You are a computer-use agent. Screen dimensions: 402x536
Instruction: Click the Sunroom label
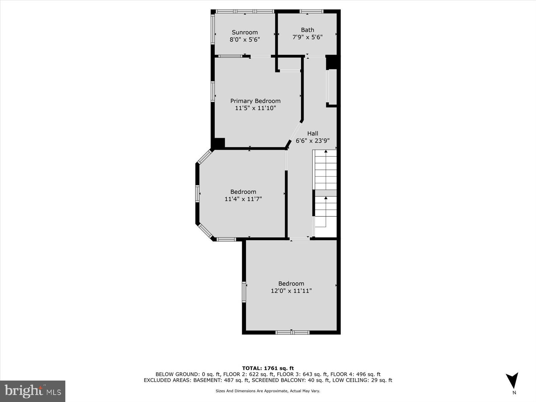click(x=245, y=32)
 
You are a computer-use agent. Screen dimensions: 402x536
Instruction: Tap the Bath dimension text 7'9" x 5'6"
click(x=307, y=37)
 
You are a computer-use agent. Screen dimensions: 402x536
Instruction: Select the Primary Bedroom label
click(x=255, y=101)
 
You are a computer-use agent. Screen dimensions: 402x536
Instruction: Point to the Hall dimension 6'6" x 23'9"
click(x=313, y=141)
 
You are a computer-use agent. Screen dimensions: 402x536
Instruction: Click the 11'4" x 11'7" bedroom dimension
click(x=243, y=199)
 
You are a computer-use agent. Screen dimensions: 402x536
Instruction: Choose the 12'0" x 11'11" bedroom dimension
click(x=291, y=291)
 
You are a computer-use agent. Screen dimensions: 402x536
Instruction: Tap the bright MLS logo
click(x=32, y=391)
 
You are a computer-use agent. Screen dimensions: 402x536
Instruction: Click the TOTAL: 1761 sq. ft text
click(x=268, y=368)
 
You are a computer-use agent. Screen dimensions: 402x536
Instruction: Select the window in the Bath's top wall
click(x=311, y=11)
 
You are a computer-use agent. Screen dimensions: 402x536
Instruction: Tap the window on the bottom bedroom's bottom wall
click(x=292, y=332)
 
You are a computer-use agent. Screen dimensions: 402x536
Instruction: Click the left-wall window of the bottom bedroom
click(x=244, y=292)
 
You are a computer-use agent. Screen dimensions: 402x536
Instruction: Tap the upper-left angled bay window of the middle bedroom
click(x=205, y=156)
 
